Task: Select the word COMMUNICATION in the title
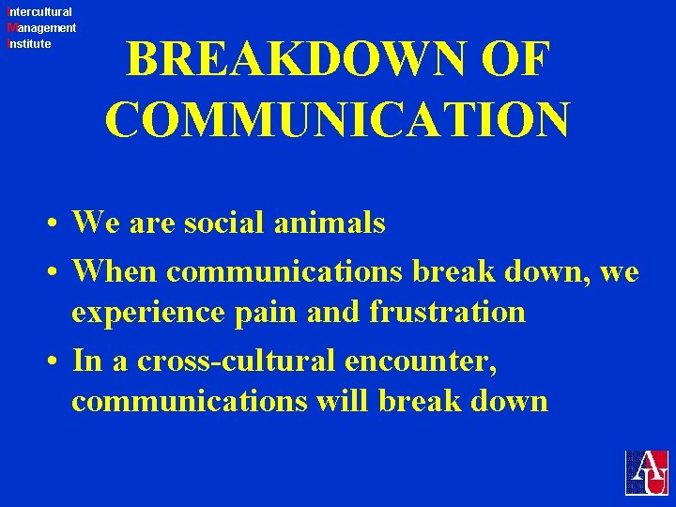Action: tap(337, 120)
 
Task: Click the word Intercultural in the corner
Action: tap(38, 12)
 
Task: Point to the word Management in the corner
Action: tap(41, 28)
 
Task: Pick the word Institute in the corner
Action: tap(29, 43)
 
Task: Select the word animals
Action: tap(336, 223)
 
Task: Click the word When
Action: tap(115, 271)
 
